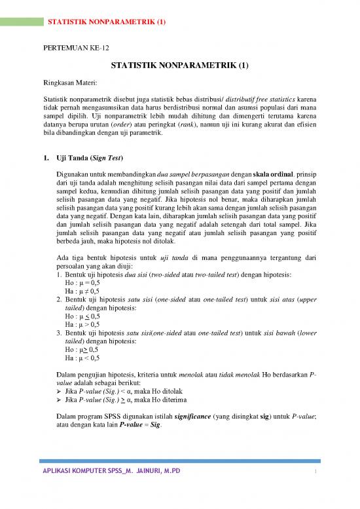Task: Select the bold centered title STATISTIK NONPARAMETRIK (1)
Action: coord(179,66)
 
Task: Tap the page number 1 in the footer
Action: coord(315,489)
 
